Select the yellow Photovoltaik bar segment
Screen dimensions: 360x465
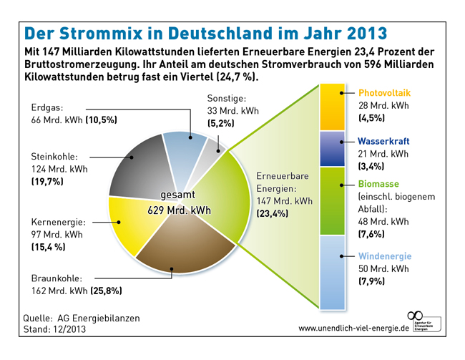tap(333, 107)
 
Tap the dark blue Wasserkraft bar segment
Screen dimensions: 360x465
tap(333, 148)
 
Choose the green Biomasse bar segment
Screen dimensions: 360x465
tap(333, 200)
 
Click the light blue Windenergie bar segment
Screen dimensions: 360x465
tap(333, 273)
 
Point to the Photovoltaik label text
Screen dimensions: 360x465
tap(384, 93)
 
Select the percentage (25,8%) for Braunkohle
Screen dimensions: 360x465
tap(106, 291)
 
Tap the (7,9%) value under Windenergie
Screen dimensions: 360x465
tap(371, 282)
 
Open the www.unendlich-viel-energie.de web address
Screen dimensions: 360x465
tap(353, 328)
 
